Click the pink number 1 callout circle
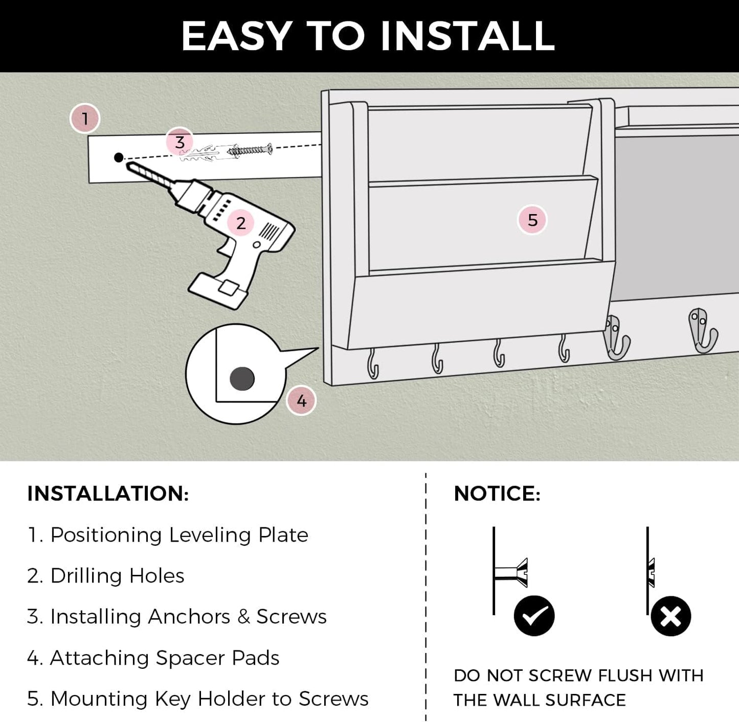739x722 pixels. coord(85,119)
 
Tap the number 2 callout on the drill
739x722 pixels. coord(240,223)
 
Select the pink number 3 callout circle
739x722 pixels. coord(180,142)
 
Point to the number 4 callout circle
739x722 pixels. coord(301,401)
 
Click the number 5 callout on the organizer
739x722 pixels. coord(532,220)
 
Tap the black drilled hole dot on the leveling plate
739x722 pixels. coord(119,157)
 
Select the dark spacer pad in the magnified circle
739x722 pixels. coord(242,379)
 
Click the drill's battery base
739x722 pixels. coord(217,291)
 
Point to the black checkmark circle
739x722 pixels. coord(534,615)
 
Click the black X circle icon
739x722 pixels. coord(670,616)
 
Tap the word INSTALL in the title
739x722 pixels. coord(467,36)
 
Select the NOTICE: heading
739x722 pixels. coord(497,494)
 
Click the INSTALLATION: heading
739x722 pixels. coord(108,494)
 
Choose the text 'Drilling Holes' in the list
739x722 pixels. coord(117,576)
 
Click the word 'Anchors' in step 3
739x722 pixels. coord(189,617)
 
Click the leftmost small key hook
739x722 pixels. coord(373,364)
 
